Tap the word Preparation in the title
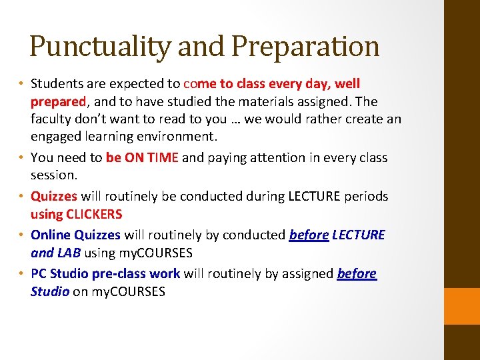305,47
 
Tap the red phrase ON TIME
151,158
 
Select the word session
53,175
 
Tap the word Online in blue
51,235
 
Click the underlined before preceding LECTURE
308,235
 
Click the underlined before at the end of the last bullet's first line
357,274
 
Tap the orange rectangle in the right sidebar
462,306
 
